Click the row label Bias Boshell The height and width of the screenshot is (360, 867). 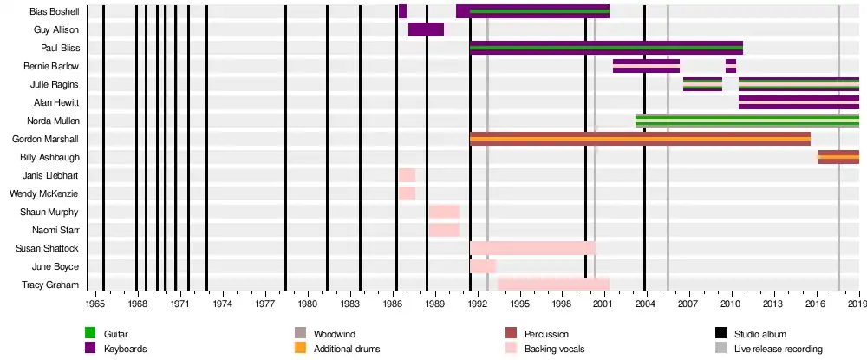55,12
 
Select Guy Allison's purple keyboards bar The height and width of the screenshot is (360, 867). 426,29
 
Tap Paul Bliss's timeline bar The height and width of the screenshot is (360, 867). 606,48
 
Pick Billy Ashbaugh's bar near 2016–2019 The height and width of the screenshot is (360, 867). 838,157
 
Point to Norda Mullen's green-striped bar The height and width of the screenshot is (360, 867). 746,121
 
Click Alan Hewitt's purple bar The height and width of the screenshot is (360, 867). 799,102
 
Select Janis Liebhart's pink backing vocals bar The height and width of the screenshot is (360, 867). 407,175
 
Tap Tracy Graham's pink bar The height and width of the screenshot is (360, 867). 553,285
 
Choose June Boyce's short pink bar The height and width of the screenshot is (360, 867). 483,266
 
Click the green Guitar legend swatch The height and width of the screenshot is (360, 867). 89,334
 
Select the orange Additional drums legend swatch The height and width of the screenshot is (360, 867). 301,349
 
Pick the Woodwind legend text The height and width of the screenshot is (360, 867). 334,334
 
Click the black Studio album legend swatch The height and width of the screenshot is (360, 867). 720,334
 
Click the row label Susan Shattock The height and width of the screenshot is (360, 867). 53,248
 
